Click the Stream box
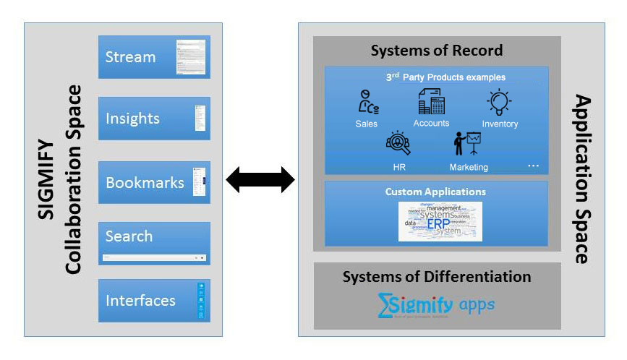click(154, 57)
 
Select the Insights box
click(154, 119)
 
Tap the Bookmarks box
click(154, 182)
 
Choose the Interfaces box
click(154, 300)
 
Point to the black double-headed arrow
click(260, 179)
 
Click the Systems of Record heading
click(436, 51)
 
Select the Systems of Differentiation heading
click(436, 277)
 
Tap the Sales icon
click(367, 103)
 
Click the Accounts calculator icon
click(431, 102)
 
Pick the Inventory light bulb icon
click(500, 103)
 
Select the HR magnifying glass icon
click(398, 142)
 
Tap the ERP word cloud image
click(440, 221)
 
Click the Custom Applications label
click(435, 192)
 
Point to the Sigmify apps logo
click(436, 305)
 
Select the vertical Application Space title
click(583, 179)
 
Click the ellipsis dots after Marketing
click(534, 166)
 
